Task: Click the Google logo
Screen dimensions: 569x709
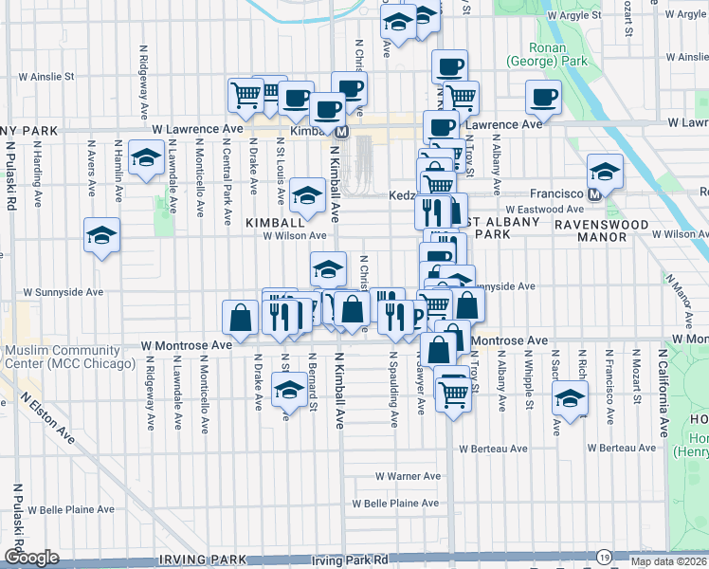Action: [x=31, y=557]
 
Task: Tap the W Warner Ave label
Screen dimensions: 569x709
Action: [x=408, y=476]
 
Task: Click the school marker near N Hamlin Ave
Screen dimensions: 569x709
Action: [x=146, y=160]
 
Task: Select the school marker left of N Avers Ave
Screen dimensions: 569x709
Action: [x=101, y=235]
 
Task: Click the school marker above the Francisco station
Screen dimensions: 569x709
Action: [x=605, y=171]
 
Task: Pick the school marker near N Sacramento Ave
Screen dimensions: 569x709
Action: [x=570, y=397]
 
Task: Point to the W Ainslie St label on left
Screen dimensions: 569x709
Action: [x=42, y=76]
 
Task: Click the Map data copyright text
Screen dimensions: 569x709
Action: [x=668, y=561]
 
